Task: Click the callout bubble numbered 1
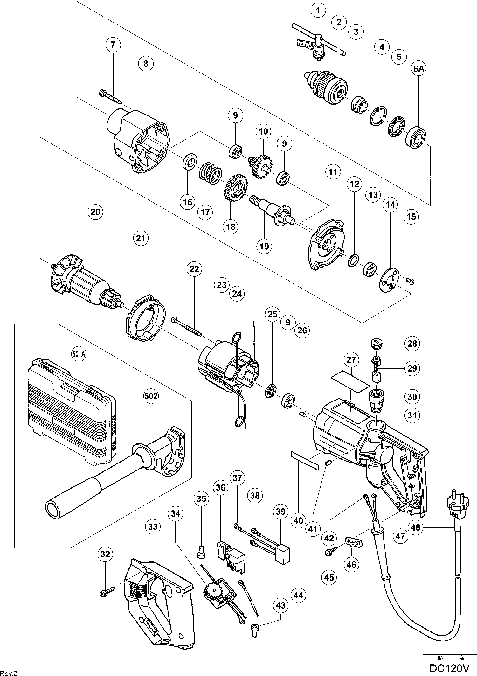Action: [x=318, y=11]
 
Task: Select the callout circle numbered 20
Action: [x=95, y=212]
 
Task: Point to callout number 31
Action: [x=412, y=415]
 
